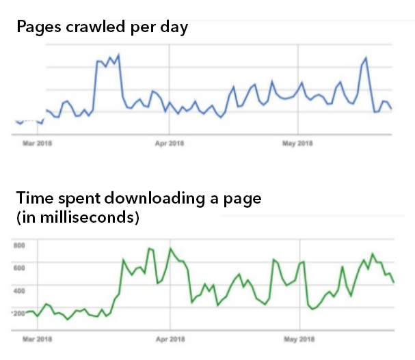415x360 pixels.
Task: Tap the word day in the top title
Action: pyautogui.click(x=174, y=28)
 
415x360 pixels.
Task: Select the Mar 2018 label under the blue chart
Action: pyautogui.click(x=38, y=143)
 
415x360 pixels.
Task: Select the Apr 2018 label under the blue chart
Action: pyautogui.click(x=170, y=143)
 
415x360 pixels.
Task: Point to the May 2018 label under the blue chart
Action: pyautogui.click(x=297, y=143)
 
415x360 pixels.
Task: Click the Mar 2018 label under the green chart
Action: pyautogui.click(x=38, y=338)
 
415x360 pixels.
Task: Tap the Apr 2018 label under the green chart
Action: pyautogui.click(x=170, y=338)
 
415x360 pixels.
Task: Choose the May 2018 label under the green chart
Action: pyautogui.click(x=297, y=338)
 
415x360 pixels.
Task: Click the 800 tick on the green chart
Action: pyautogui.click(x=19, y=245)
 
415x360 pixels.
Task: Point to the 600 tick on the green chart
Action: pyautogui.click(x=19, y=267)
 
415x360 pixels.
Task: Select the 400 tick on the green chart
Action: pyautogui.click(x=19, y=290)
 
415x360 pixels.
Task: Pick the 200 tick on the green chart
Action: pyautogui.click(x=19, y=313)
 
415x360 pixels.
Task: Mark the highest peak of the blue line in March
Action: pyautogui.click(x=118, y=54)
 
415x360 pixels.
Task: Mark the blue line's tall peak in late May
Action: pyautogui.click(x=366, y=58)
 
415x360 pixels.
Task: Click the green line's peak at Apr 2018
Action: pyautogui.click(x=170, y=249)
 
